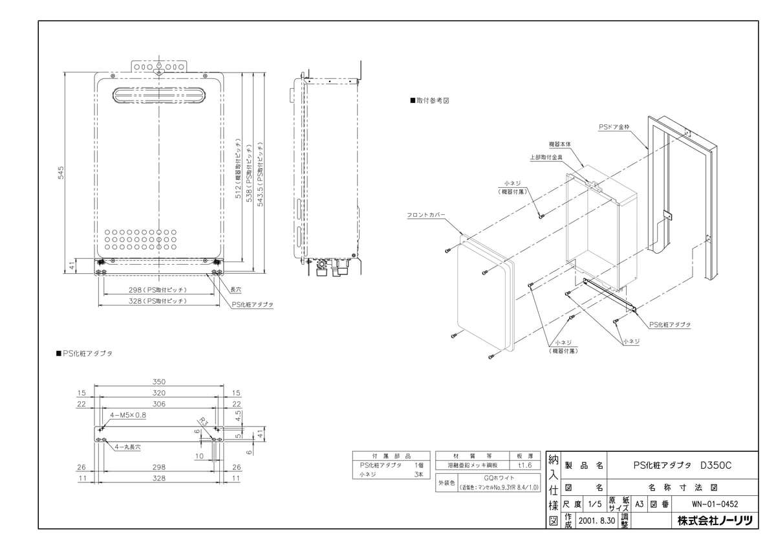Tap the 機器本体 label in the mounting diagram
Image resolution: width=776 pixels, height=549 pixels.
(560, 144)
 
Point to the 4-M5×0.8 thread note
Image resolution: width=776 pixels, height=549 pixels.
(129, 414)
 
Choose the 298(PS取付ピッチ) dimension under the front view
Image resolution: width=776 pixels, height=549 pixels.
(157, 291)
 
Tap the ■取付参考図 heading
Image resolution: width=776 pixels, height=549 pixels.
(429, 102)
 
